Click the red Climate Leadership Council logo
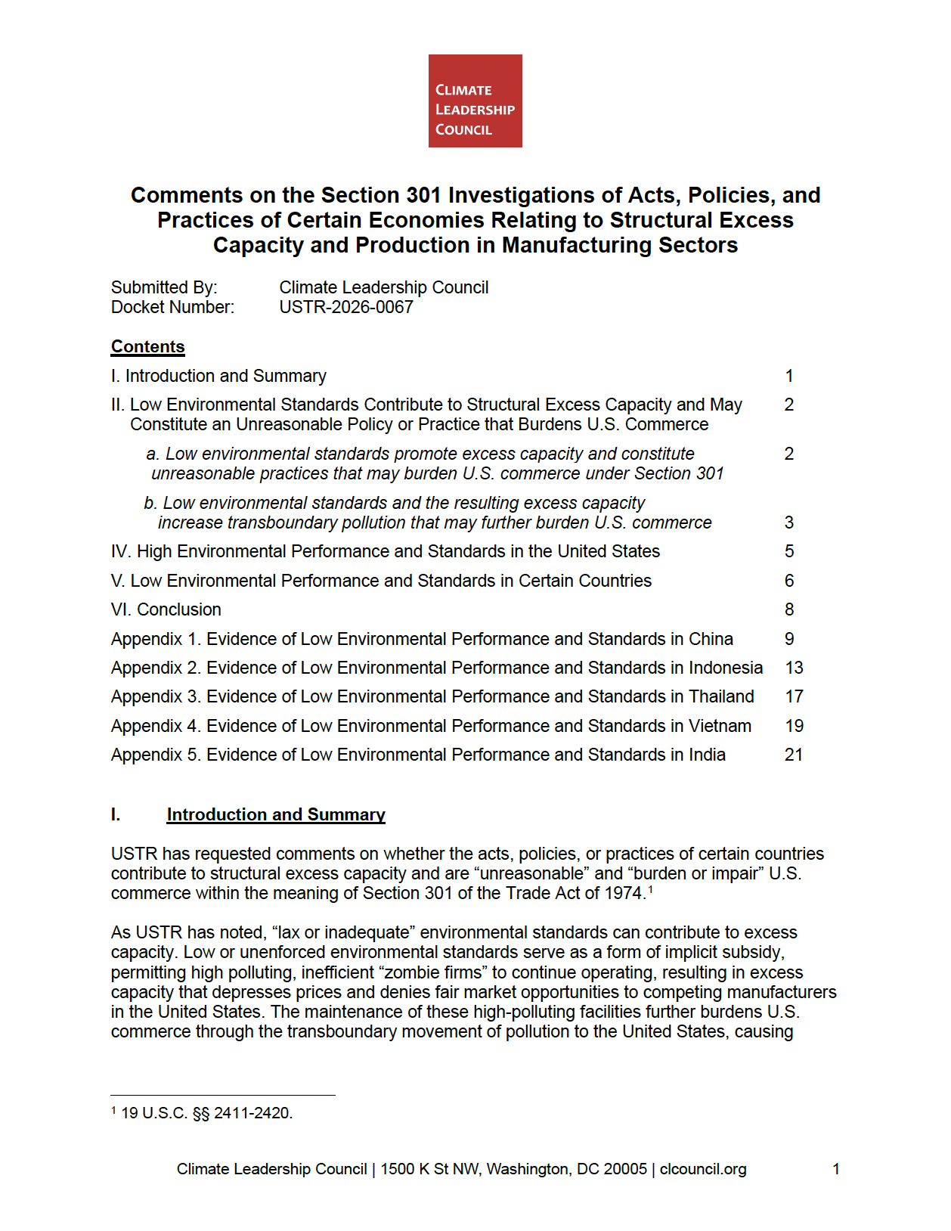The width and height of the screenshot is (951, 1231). pos(475,101)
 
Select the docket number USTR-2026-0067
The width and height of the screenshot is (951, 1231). pos(345,307)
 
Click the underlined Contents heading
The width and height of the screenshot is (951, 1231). pos(147,346)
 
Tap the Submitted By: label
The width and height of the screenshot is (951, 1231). pos(164,287)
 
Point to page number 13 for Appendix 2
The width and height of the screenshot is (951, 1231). pos(794,668)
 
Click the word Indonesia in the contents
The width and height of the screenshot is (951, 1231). pos(725,668)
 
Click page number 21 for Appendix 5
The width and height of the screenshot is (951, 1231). pos(794,755)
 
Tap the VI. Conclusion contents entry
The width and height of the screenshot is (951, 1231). pos(166,609)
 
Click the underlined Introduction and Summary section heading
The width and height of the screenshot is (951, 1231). pos(276,814)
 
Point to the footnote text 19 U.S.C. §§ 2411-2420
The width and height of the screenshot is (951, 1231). pos(206,1113)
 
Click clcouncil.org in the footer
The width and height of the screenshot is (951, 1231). pos(703,1169)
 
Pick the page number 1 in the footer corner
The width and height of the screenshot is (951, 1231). pos(836,1169)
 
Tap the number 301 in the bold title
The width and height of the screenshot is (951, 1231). pos(423,195)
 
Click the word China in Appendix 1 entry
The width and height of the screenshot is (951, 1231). pos(711,639)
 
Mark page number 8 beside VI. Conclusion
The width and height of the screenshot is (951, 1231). pos(789,609)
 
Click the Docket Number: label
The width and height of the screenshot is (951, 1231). pos(172,307)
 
